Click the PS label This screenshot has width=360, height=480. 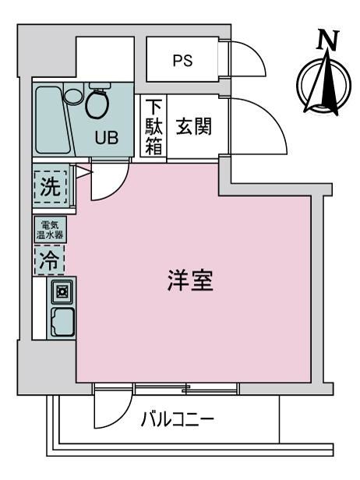tap(183, 60)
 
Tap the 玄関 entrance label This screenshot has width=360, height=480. tap(194, 126)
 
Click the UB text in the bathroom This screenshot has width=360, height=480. tap(106, 137)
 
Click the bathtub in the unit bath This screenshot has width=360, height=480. tap(52, 120)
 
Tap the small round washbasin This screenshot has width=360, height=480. tap(73, 96)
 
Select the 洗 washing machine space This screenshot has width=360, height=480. tap(51, 187)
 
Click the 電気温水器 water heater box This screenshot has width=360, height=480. tap(50, 230)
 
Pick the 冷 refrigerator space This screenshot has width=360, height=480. tap(49, 260)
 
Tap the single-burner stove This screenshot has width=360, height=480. tap(62, 291)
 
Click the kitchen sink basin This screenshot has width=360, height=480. tap(62, 322)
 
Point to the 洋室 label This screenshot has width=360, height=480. tap(190, 280)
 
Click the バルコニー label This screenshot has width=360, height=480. tap(177, 419)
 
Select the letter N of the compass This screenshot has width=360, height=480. tap(328, 39)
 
